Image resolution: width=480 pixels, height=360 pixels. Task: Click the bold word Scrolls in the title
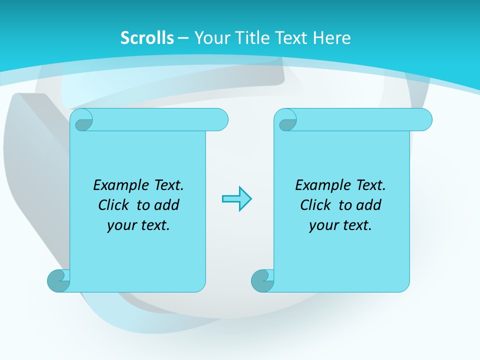(147, 38)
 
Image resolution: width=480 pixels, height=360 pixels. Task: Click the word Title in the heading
(251, 38)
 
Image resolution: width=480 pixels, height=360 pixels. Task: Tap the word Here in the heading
(332, 38)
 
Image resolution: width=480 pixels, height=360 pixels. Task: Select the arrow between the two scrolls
(236, 199)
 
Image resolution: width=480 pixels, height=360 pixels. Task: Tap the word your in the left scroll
(120, 225)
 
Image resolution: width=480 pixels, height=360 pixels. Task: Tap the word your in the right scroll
(322, 225)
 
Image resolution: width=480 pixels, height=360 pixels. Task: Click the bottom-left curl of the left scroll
(58, 280)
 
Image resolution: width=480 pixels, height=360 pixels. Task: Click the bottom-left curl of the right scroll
(261, 280)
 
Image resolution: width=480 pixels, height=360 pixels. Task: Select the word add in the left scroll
(167, 205)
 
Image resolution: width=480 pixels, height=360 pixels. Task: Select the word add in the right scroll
(369, 205)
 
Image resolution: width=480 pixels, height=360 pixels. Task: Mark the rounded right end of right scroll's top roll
(424, 120)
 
